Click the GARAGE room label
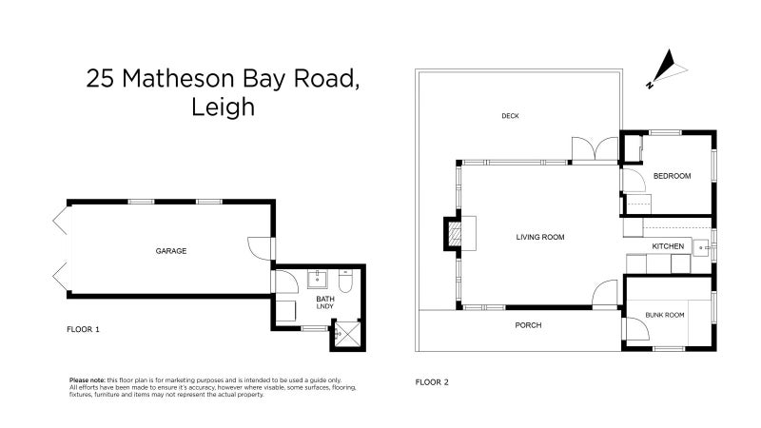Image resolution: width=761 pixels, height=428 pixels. [x=171, y=251]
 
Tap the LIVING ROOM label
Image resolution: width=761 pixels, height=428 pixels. [x=540, y=237]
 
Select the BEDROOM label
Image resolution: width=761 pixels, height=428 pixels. [x=673, y=176]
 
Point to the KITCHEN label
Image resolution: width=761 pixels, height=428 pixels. [x=668, y=246]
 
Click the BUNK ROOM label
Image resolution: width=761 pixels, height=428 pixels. [x=665, y=315]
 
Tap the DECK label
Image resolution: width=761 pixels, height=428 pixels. [x=510, y=116]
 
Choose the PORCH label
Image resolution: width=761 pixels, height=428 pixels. [x=528, y=325]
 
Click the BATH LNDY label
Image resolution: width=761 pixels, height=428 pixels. [x=325, y=302]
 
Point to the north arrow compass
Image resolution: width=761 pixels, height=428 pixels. [x=667, y=68]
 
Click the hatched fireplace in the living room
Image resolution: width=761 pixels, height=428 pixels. [x=455, y=233]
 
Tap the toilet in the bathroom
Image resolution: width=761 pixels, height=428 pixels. [x=345, y=281]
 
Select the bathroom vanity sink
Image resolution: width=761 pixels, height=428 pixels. [x=318, y=280]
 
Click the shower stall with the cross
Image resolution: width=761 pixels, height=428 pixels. [x=347, y=335]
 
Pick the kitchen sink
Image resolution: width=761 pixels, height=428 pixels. [x=701, y=248]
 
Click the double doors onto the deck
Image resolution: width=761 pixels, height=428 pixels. [x=595, y=149]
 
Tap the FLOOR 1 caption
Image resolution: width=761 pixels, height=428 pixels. [x=83, y=329]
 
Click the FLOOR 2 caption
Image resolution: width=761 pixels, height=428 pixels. [x=432, y=382]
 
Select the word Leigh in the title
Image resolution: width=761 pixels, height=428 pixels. [x=223, y=107]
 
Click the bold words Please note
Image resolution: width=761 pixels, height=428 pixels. [x=88, y=380]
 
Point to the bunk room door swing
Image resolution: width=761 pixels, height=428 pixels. [x=636, y=328]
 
